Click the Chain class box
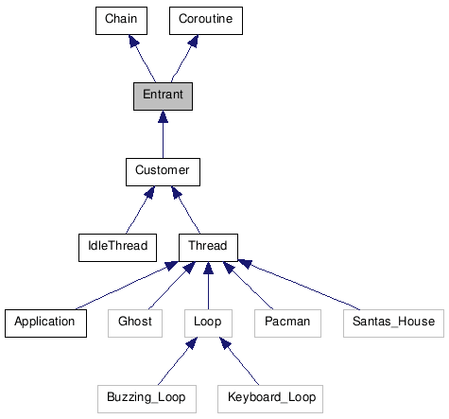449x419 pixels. point(120,20)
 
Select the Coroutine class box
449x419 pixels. point(205,20)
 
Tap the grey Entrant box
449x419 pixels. point(163,96)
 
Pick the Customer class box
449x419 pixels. point(163,171)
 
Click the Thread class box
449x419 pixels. point(208,247)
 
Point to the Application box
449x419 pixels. point(44,323)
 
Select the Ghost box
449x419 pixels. point(135,323)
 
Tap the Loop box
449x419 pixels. point(207,323)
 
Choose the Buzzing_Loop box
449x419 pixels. point(146,398)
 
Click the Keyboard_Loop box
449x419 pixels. point(270,398)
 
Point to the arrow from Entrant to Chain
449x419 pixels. point(143,59)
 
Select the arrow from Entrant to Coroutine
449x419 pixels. point(183,59)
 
